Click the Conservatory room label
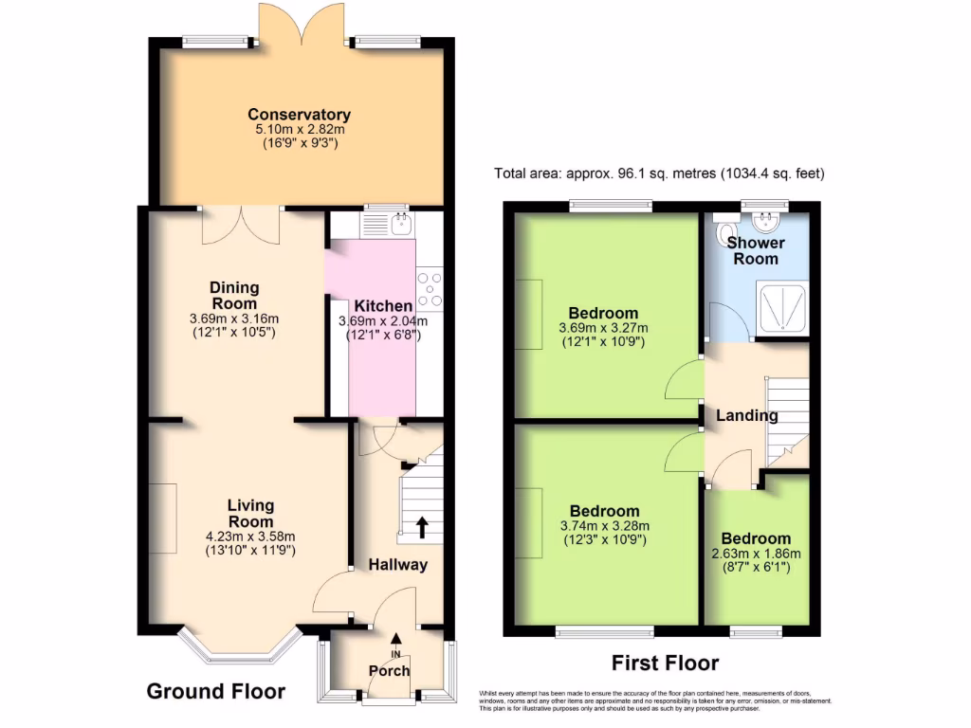pos(300,115)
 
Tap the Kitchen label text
pos(383,306)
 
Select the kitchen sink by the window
pos(401,224)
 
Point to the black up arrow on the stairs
pos(421,526)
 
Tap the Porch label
pos(389,671)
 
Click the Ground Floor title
pos(215,691)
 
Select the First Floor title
pos(665,663)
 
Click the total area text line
pos(659,173)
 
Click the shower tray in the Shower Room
pos(783,306)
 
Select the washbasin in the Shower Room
pos(764,224)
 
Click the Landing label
pos(746,415)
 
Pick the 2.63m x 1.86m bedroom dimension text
pos(756,554)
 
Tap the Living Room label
pos(250,513)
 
